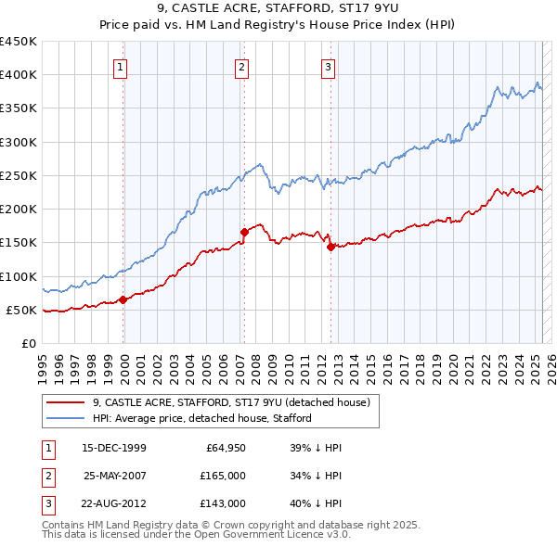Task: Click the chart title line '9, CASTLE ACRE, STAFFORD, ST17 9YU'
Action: [278, 9]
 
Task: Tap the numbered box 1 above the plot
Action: [123, 66]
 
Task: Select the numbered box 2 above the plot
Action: [241, 66]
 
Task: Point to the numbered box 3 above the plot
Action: [329, 66]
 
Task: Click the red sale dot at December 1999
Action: [123, 299]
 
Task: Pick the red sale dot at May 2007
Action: [244, 232]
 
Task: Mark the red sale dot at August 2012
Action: [330, 247]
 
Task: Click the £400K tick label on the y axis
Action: [19, 75]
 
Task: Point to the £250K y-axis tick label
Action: [19, 175]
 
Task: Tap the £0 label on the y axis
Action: [28, 343]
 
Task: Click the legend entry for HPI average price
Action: [202, 417]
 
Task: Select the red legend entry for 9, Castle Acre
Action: [231, 402]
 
